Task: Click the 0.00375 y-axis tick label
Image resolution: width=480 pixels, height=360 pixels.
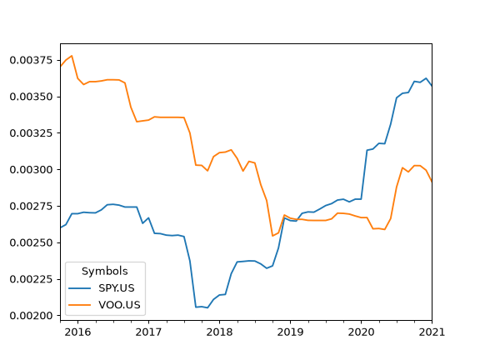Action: [x=31, y=60]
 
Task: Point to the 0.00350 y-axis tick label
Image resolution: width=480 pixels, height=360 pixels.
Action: [x=31, y=97]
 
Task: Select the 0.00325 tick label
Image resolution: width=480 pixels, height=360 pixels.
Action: [x=31, y=133]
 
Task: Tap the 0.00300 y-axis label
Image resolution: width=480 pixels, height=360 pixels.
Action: [x=31, y=170]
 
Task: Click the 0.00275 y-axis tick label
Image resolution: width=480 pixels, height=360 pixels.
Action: [x=31, y=207]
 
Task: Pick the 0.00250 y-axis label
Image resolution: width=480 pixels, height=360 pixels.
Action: [x=31, y=242]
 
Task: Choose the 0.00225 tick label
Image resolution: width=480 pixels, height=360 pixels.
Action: [x=31, y=279]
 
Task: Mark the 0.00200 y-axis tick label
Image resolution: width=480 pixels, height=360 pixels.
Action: [x=31, y=316]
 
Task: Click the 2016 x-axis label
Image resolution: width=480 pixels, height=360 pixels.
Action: [x=77, y=332]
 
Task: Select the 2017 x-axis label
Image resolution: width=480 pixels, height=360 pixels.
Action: [x=148, y=332]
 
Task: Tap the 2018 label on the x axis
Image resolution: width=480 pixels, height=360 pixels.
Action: [x=219, y=332]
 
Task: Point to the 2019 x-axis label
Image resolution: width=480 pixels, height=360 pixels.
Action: [x=290, y=332]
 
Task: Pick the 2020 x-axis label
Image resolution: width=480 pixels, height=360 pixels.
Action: [x=361, y=332]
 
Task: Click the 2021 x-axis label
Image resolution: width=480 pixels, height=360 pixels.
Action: [x=432, y=332]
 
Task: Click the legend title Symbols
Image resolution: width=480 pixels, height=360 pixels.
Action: [x=105, y=271]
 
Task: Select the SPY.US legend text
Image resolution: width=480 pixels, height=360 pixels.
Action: [x=117, y=288]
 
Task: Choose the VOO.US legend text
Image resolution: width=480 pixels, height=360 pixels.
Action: [x=119, y=305]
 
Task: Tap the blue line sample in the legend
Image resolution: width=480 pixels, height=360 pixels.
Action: [x=80, y=288]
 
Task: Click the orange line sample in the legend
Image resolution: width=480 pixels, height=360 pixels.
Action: [x=80, y=305]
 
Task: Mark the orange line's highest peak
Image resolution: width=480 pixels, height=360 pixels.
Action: [x=72, y=56]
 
